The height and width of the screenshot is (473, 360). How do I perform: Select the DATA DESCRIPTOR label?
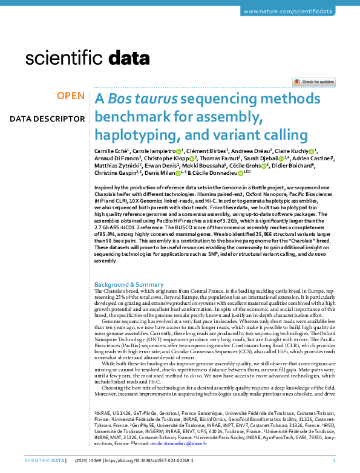[x=47, y=119]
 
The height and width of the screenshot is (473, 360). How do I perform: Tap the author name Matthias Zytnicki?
[x=116, y=166]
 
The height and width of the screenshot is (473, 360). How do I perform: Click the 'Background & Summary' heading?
[x=129, y=284]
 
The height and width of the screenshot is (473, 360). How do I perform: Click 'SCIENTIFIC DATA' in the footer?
[x=44, y=462]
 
